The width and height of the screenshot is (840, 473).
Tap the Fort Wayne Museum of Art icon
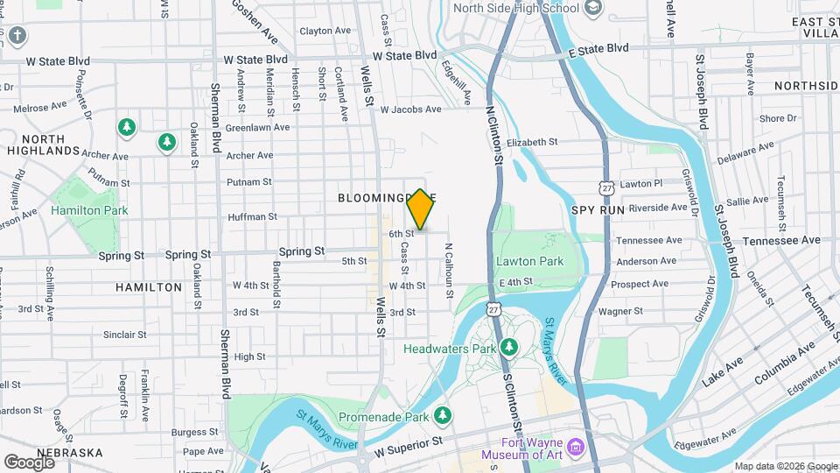pos(576,448)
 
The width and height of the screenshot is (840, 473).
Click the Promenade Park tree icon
pos(445,415)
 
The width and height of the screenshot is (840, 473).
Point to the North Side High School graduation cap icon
pos(594,9)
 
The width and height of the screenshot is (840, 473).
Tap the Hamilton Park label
pos(89,210)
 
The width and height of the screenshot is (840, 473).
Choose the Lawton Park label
pos(529,261)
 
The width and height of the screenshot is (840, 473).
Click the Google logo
pos(30,462)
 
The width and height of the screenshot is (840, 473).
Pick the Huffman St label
pos(252,216)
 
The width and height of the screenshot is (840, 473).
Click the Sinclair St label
pos(124,334)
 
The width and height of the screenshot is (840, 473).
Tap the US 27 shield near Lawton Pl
pos(606,187)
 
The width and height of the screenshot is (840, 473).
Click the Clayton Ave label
pos(325,31)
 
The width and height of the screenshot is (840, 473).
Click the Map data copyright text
pos(785,466)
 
